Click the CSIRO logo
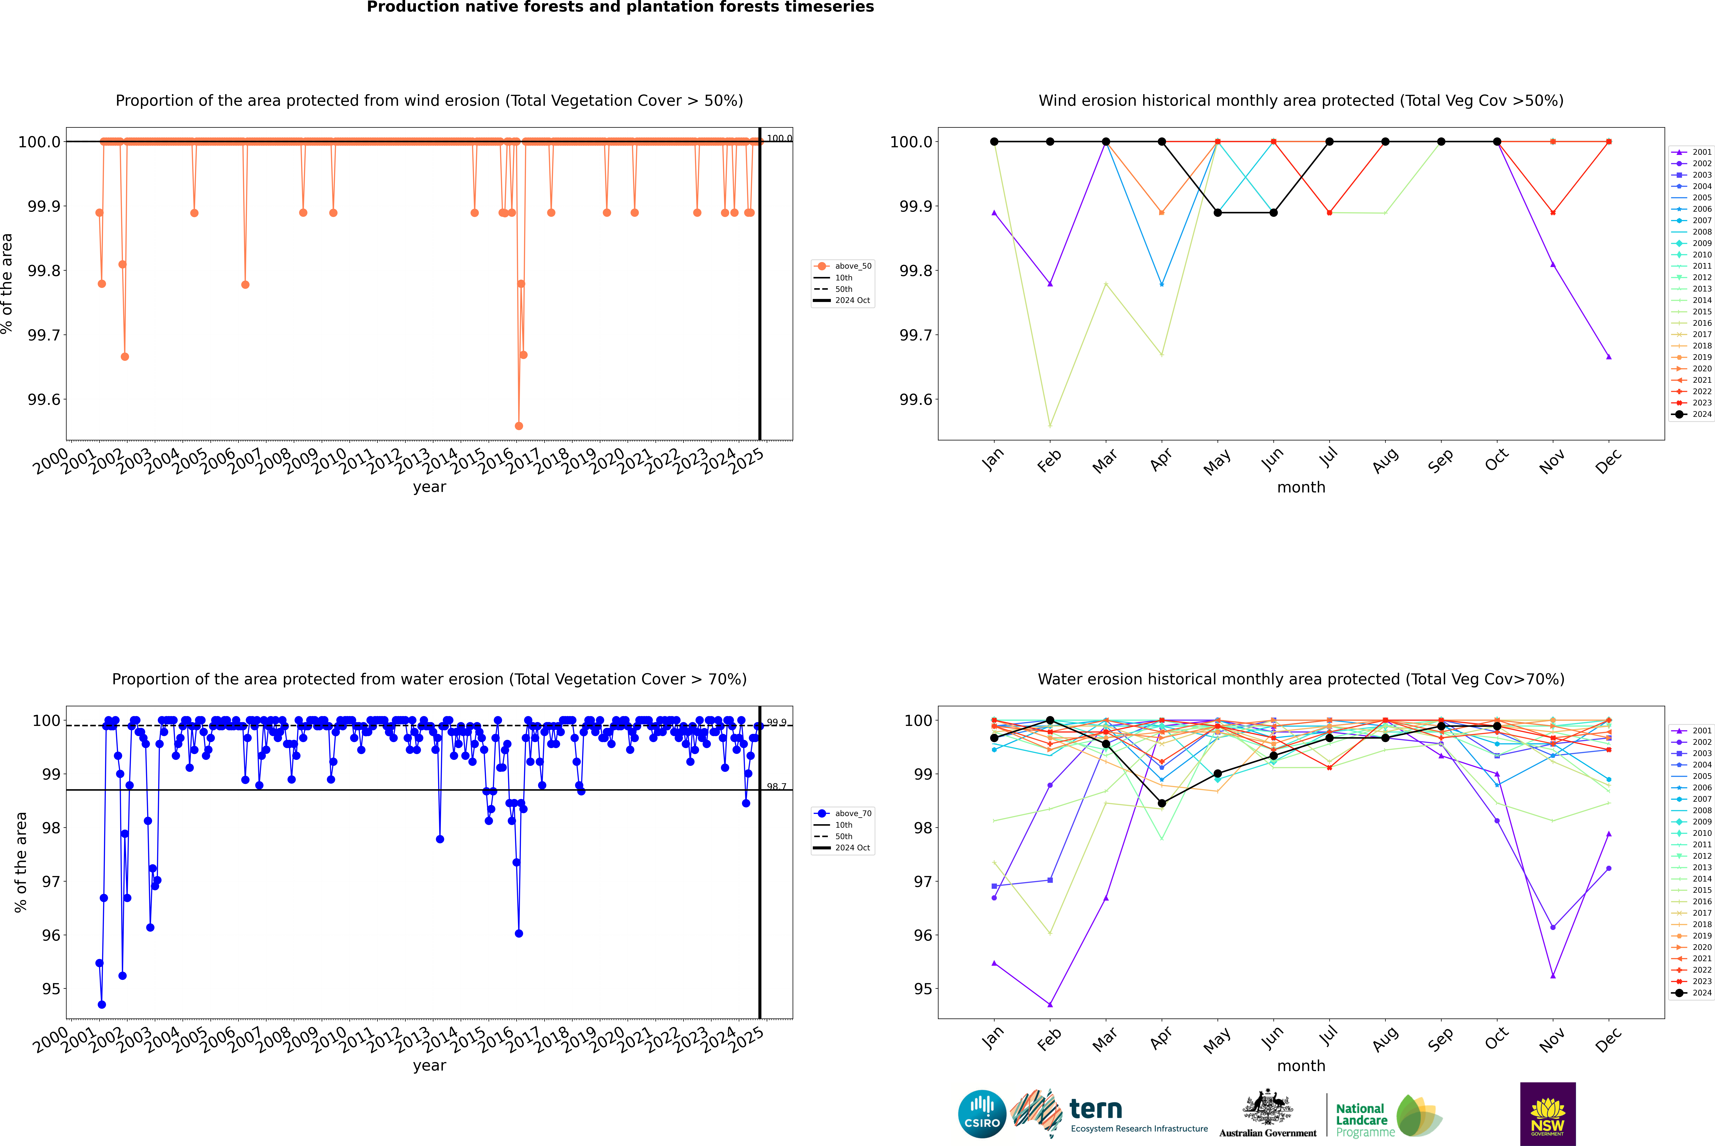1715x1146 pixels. (982, 1114)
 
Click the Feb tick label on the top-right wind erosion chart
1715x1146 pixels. (1049, 460)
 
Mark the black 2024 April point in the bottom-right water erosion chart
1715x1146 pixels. (1162, 803)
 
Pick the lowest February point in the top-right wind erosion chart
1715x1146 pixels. (1050, 425)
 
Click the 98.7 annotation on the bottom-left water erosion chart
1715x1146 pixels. (776, 787)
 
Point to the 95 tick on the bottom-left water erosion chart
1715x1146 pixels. (51, 989)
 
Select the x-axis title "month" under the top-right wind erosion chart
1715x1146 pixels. (1300, 488)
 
